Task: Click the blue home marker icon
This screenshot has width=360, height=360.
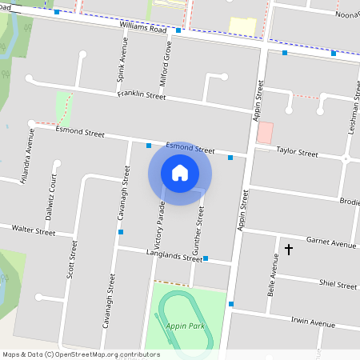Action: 180,172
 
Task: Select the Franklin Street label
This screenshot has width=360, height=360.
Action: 141,95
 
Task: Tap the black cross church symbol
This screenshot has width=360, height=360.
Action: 289,250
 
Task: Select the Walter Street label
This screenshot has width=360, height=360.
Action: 34,230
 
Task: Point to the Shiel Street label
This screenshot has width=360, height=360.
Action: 337,285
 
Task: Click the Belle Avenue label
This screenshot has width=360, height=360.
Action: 273,273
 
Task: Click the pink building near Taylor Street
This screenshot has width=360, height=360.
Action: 264,133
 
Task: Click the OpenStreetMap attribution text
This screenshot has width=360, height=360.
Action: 80,354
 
